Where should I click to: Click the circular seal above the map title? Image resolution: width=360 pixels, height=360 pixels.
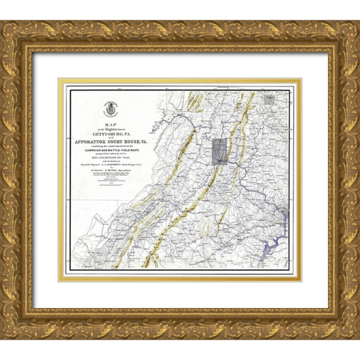pyautogui.click(x=108, y=108)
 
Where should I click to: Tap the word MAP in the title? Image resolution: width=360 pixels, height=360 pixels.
pyautogui.click(x=107, y=123)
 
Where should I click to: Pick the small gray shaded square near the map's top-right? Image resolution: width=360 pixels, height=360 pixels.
pyautogui.click(x=271, y=99)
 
